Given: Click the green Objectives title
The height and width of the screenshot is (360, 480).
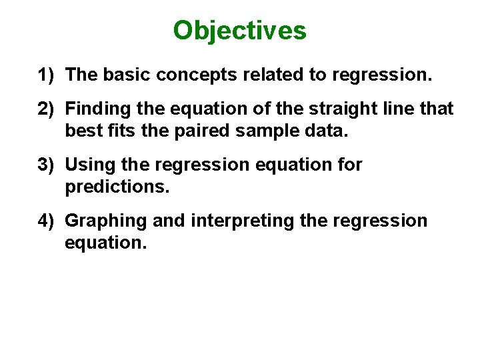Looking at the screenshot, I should pyautogui.click(x=239, y=31).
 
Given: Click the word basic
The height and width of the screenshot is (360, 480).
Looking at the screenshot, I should pyautogui.click(x=126, y=75).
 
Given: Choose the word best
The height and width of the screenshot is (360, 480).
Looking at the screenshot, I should pyautogui.click(x=81, y=131).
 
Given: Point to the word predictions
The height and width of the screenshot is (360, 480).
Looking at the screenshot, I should pyautogui.click(x=117, y=187).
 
